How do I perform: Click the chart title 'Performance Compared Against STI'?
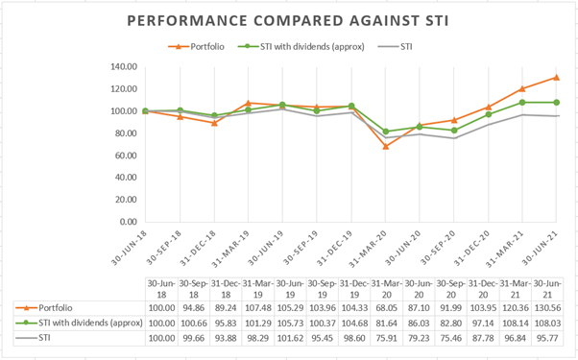(x=288, y=20)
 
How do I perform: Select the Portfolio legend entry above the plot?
(x=196, y=47)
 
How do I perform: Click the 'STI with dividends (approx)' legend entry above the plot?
(x=301, y=47)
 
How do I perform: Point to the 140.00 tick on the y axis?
(x=124, y=66)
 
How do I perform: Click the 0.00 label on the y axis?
(x=128, y=222)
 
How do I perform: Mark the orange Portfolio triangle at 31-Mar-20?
(x=386, y=146)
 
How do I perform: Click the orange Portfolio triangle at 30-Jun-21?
(x=556, y=78)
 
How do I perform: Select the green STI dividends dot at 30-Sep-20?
(x=454, y=130)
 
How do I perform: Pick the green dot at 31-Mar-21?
(x=522, y=102)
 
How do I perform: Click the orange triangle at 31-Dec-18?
(x=214, y=123)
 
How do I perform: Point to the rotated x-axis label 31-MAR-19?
(x=230, y=249)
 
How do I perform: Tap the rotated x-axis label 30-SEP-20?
(x=438, y=248)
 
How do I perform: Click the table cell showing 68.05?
(x=386, y=307)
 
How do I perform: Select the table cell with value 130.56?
(x=547, y=307)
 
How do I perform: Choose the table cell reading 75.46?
(x=451, y=338)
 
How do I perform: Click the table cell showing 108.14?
(x=516, y=324)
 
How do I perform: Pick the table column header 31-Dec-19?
(x=354, y=289)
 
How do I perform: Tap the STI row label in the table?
(x=44, y=338)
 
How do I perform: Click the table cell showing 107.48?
(x=257, y=307)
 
